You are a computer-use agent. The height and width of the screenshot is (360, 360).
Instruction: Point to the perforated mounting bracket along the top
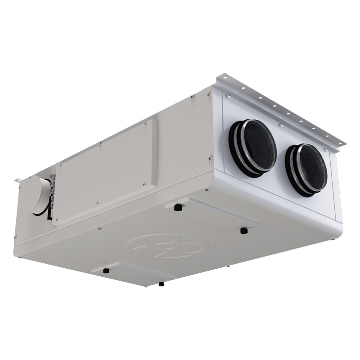[281, 110]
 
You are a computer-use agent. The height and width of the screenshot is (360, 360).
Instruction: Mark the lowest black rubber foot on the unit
[161, 284]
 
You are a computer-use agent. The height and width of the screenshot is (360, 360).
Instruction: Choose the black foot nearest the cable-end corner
[105, 271]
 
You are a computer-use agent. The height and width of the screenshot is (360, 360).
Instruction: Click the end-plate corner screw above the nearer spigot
[228, 95]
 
